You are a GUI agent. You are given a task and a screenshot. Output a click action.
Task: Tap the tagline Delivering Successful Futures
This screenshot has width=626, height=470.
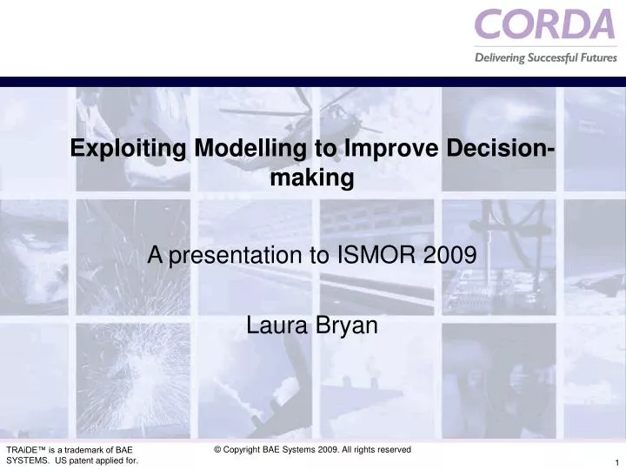tap(545, 58)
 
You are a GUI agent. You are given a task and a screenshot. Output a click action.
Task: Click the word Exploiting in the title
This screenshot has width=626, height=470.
tap(130, 149)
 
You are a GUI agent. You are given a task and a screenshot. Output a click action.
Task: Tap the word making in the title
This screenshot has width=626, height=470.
tap(312, 178)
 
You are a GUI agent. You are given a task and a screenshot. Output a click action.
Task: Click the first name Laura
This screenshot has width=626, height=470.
tap(274, 326)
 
